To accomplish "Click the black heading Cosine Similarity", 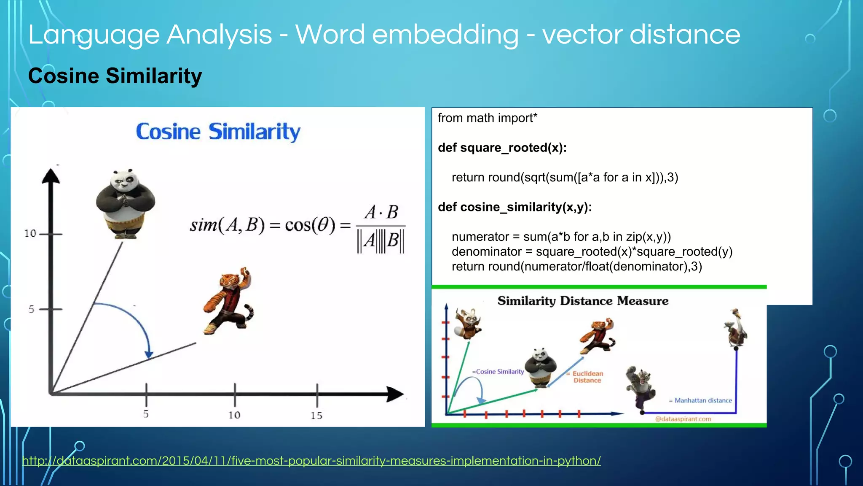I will [115, 76].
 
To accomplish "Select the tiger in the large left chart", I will [230, 300].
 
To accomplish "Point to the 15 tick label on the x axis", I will [316, 416].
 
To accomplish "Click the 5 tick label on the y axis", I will [31, 309].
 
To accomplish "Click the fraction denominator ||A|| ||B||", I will [381, 241].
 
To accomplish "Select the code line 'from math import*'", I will [487, 118].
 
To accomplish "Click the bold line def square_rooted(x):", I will [502, 148].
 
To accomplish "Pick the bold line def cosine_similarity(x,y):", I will [515, 207].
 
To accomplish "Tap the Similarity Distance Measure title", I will [583, 301].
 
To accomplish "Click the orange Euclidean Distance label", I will [587, 377].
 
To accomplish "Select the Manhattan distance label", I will [702, 400].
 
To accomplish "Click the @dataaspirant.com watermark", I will [683, 419].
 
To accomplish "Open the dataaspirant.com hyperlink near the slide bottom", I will [311, 461].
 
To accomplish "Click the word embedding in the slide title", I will [445, 35].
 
